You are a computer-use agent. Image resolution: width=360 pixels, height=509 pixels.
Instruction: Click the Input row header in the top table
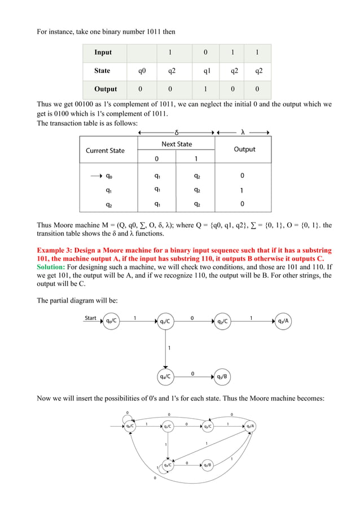click(x=103, y=52)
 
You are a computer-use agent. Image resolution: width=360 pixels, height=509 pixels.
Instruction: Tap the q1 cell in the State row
click(x=207, y=71)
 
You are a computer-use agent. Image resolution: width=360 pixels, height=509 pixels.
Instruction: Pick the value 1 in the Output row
click(x=205, y=89)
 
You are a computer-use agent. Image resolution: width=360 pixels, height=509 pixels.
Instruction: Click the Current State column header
click(x=105, y=151)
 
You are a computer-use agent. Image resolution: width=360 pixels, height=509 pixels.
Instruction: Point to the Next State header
click(x=177, y=144)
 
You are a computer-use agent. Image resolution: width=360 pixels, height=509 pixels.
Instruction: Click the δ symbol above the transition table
click(x=177, y=133)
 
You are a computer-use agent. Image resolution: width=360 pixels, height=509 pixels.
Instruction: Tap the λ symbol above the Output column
click(x=243, y=133)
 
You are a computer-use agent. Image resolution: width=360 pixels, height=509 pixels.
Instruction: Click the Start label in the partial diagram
click(x=90, y=318)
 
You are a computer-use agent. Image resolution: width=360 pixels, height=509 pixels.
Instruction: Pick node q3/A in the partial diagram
click(x=284, y=322)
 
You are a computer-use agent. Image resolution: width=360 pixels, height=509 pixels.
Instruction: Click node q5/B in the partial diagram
click(x=221, y=376)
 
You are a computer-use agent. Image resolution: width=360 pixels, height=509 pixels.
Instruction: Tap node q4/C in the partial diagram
click(x=166, y=376)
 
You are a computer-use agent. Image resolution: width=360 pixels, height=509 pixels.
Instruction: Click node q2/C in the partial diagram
click(x=222, y=322)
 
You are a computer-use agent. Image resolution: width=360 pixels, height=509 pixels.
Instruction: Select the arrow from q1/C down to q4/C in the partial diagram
click(x=166, y=349)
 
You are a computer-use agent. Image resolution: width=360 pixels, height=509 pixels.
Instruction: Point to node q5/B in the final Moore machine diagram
click(x=207, y=465)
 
